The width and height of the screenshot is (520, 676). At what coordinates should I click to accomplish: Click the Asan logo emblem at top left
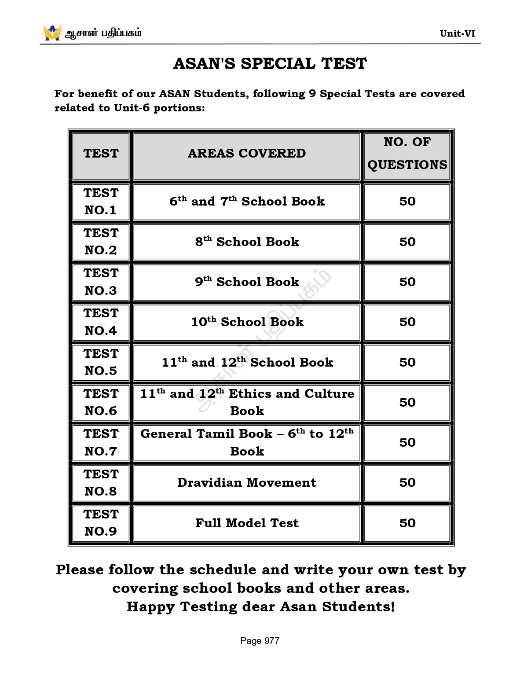(52, 33)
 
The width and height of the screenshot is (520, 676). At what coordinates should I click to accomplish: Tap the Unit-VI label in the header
(457, 33)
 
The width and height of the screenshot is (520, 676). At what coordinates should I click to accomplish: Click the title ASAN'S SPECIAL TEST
(270, 64)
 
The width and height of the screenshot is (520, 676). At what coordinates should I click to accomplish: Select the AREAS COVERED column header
(246, 153)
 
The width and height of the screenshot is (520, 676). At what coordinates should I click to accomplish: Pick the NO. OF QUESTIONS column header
(407, 153)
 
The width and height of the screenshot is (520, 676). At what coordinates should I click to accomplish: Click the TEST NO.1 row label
(101, 202)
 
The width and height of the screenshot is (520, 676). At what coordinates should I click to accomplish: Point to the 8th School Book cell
(247, 242)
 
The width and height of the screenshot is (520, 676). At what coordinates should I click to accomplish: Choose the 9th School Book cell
(247, 282)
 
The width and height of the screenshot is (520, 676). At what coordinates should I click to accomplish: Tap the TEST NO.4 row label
(101, 322)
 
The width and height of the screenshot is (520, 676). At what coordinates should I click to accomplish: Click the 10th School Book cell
(247, 322)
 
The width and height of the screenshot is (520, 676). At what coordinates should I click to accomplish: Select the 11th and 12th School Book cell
(247, 362)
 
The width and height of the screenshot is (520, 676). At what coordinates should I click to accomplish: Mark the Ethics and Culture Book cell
(247, 402)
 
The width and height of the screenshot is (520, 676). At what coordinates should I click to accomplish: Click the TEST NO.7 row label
(101, 442)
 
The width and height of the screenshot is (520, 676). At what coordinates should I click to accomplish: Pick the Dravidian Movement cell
(247, 482)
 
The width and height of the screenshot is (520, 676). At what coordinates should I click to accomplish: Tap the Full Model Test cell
(247, 523)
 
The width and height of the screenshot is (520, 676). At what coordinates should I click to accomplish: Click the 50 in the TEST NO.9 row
(407, 523)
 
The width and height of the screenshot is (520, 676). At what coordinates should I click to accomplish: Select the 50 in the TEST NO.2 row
(407, 242)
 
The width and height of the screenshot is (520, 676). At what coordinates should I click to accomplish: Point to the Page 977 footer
(260, 641)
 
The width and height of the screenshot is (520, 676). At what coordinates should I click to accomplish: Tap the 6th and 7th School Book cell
(247, 202)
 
